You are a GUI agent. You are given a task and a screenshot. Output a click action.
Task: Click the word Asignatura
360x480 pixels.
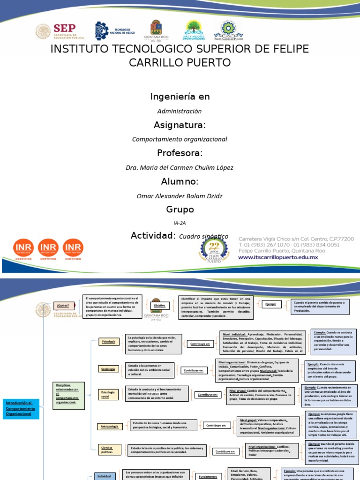tap(180, 125)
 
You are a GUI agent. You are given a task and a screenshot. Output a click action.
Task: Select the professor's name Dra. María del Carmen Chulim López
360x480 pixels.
tap(180, 167)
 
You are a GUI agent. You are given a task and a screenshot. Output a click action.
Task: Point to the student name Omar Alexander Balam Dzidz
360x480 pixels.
tap(180, 195)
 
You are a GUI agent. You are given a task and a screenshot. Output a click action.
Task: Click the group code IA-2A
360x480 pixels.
tap(180, 224)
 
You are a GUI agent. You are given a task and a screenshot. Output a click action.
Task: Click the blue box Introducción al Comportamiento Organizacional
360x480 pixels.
tap(22, 408)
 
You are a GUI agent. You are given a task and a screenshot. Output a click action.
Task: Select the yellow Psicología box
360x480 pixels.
tap(109, 342)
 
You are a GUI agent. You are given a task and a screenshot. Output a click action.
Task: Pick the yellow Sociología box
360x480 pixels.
tap(108, 369)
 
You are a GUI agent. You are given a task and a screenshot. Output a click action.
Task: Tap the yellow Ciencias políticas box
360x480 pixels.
tap(107, 450)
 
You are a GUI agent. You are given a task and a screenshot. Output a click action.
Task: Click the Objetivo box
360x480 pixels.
tap(160, 306)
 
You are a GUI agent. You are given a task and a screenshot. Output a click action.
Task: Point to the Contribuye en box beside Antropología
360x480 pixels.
tap(217, 426)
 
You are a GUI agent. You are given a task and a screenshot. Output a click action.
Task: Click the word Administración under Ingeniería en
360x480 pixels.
tap(180, 111)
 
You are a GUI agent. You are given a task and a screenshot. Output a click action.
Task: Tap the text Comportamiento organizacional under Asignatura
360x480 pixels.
tap(180, 139)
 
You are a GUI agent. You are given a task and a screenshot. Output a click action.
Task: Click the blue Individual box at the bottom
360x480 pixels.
tap(104, 476)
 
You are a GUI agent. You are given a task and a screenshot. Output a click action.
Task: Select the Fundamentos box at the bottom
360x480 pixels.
tap(208, 476)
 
